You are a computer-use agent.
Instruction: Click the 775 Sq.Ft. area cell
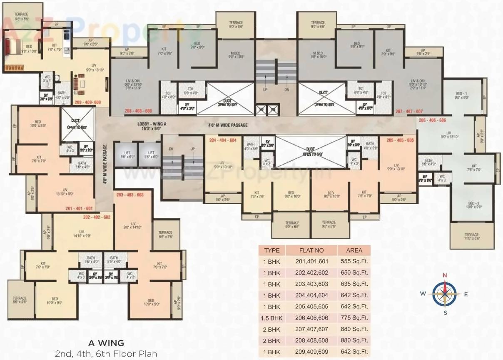tap(354, 318)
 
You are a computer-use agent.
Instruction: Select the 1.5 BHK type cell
tap(271, 318)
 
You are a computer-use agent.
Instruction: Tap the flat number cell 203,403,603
tap(311, 284)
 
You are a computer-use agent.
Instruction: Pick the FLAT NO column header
tap(311, 250)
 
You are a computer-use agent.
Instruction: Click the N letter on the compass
tap(445, 275)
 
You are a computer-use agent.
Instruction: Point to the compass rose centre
tap(445, 294)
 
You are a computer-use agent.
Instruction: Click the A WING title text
tap(106, 343)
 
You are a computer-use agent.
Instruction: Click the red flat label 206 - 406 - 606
tap(432, 120)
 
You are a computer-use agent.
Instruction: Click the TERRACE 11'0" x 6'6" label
tap(472, 237)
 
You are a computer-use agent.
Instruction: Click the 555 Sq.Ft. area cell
tap(354, 262)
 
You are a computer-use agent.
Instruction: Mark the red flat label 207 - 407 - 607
tap(409, 112)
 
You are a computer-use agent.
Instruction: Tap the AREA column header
tap(354, 250)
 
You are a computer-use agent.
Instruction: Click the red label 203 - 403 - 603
tap(130, 195)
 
